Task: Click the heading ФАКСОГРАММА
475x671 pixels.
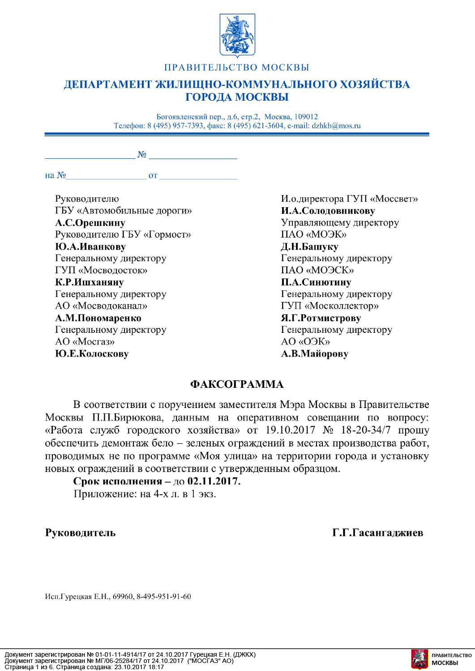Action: coord(237,384)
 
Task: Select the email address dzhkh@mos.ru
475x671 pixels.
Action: coord(336,126)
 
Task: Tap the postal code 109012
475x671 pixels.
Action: coord(306,117)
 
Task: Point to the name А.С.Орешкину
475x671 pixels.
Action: coord(90,223)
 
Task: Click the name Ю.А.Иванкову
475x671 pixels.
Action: coord(90,246)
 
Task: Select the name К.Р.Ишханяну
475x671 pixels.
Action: coord(90,282)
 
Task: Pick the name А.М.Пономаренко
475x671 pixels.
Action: coord(98,318)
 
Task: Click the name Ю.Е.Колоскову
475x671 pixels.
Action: coord(92,354)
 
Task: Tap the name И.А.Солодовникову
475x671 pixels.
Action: coord(328,211)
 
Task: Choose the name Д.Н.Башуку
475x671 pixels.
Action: coord(309,246)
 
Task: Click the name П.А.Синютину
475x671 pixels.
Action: coord(316,282)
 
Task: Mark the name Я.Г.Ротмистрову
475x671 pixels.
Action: coord(321,318)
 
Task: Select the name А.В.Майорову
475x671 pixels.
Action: coord(314,354)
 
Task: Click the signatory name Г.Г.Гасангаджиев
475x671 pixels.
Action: coord(377,532)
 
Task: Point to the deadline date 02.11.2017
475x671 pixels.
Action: coord(214,481)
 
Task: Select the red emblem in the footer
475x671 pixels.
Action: coord(419,659)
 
